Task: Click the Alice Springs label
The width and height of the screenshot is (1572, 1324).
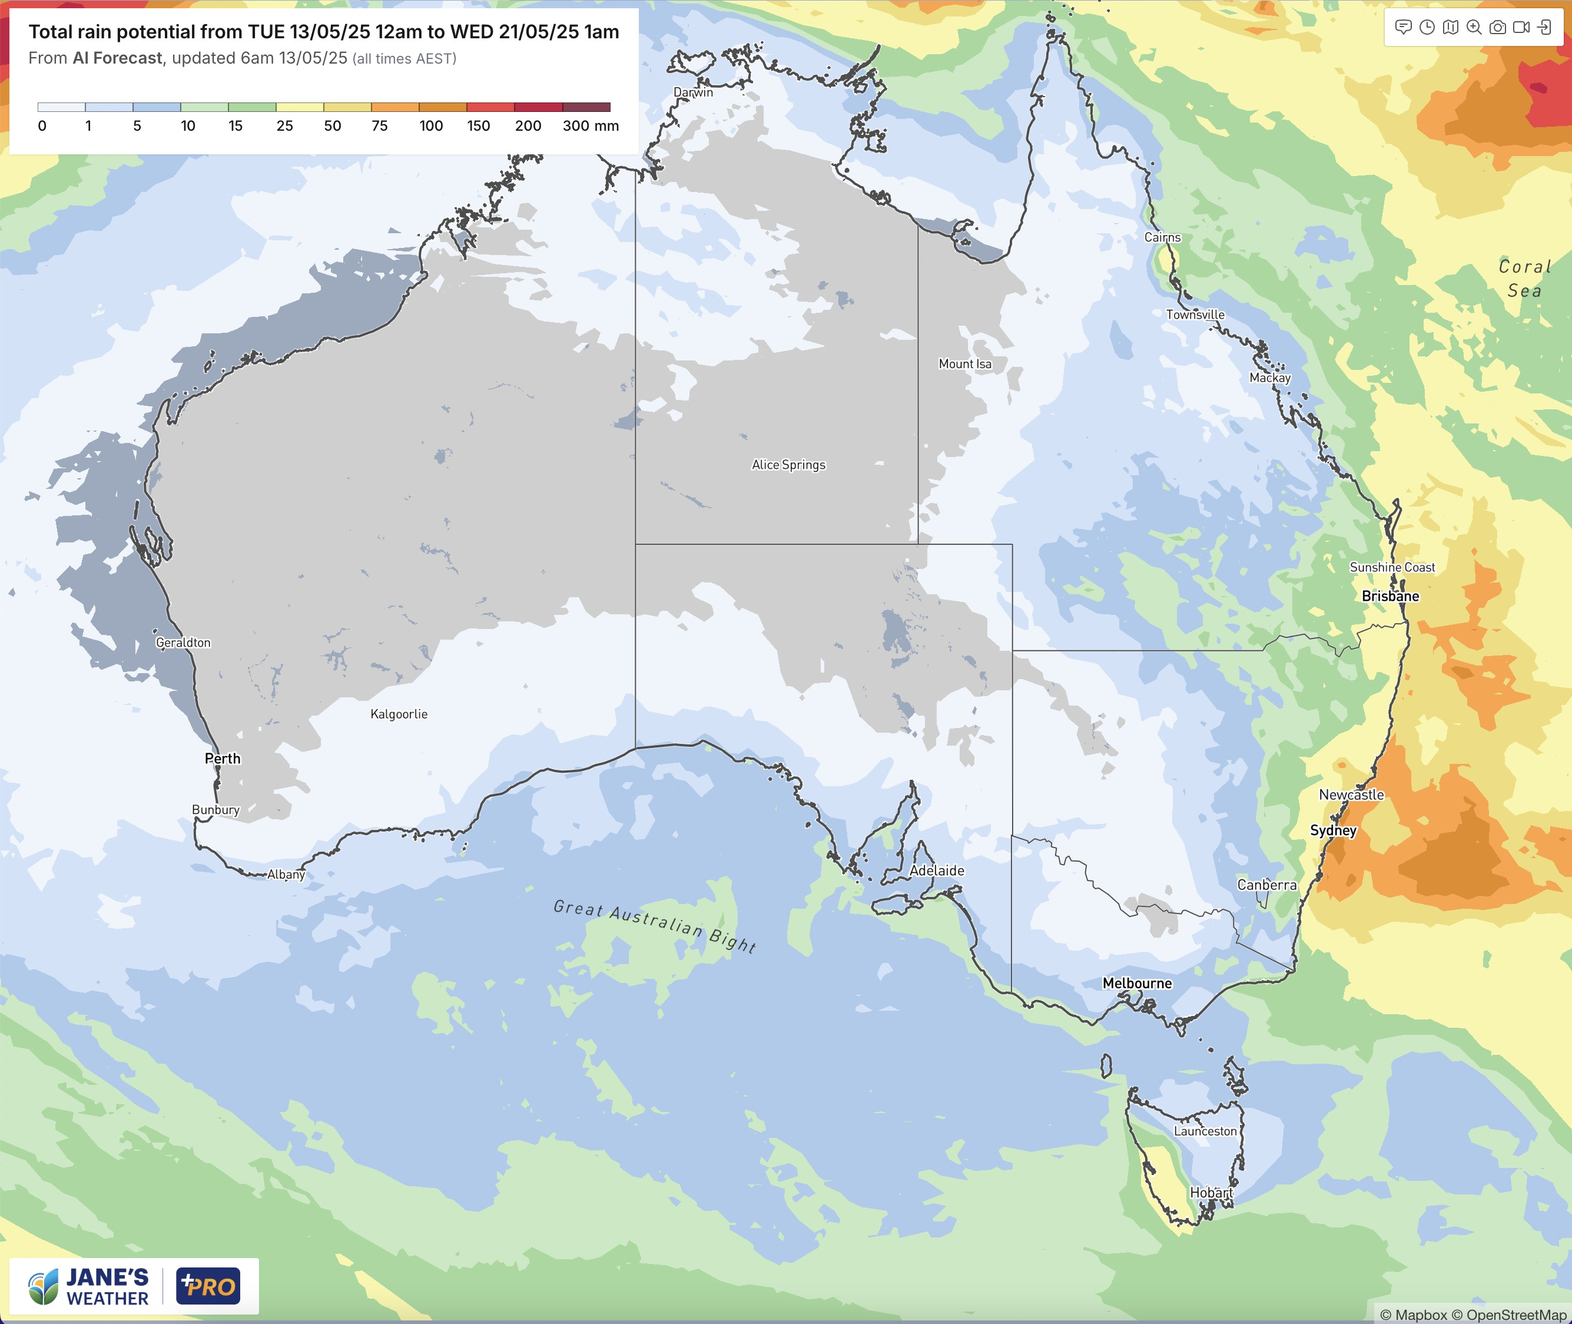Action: [788, 465]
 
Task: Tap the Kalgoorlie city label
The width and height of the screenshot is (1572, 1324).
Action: [399, 714]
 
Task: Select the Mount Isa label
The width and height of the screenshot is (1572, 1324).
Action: [965, 364]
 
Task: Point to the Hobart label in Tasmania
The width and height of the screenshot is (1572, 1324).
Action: [1211, 1193]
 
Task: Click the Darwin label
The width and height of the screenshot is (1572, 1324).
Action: [692, 92]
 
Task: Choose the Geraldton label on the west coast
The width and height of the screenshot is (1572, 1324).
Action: [183, 643]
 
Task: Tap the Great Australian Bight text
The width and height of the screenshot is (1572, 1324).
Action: [654, 925]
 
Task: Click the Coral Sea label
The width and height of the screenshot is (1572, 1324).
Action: [1524, 279]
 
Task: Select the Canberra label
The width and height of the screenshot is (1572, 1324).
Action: [1266, 885]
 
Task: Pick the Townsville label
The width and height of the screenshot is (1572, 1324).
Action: [1195, 315]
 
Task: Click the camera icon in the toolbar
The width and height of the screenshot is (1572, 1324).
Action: [1497, 28]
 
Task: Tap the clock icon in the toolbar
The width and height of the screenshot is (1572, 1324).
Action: [1427, 28]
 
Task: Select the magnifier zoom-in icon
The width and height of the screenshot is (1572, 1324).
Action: [1474, 28]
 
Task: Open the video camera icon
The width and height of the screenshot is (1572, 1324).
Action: [1521, 28]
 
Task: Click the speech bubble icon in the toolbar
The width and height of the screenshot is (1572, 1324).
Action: [1403, 28]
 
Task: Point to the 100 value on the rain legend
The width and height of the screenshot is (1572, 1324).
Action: [431, 126]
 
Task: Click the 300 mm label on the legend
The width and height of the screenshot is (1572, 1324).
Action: [591, 126]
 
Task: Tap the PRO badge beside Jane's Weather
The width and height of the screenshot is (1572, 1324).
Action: [208, 1286]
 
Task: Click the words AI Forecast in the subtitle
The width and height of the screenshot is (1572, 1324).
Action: [117, 58]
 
